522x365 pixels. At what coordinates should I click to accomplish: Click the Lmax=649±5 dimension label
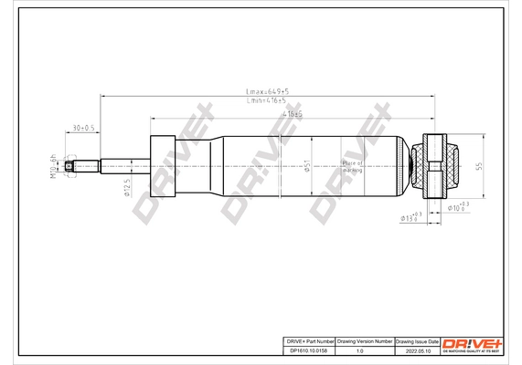click(268, 91)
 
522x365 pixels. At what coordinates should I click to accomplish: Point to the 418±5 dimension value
click(292, 114)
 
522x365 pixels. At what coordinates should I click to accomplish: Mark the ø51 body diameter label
click(309, 165)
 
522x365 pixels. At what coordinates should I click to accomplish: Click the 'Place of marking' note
click(352, 165)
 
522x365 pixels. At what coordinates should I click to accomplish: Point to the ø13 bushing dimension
click(411, 216)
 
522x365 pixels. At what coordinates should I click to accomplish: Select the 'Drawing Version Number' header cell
click(365, 339)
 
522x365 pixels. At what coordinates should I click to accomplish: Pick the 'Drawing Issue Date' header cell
click(418, 339)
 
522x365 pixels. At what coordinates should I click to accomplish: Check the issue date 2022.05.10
click(418, 349)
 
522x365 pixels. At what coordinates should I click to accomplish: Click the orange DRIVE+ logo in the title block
click(473, 343)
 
